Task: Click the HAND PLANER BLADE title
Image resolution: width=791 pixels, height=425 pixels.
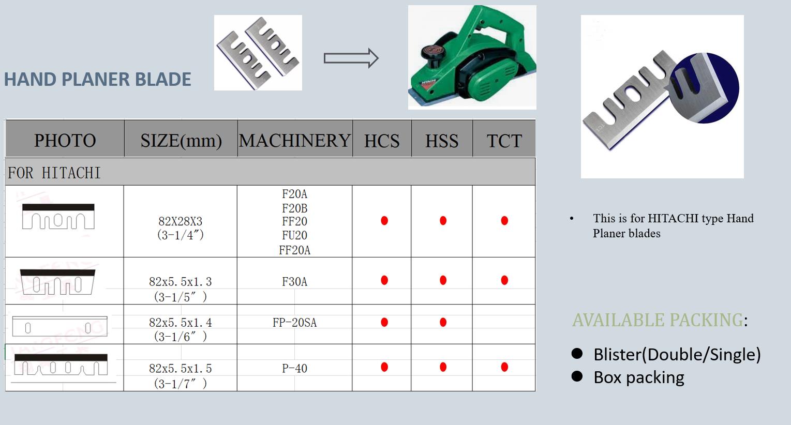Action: coord(97,79)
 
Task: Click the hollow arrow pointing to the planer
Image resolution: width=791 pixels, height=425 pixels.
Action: coord(351,58)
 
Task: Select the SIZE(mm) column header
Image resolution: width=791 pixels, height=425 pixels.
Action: coord(181,141)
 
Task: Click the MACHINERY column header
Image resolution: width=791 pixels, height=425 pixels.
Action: coord(294,140)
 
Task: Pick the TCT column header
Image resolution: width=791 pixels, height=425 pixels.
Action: coord(504,141)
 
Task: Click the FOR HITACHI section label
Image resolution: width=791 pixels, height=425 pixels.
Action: coord(54,173)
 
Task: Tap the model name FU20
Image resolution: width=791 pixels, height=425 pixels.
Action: coord(294,235)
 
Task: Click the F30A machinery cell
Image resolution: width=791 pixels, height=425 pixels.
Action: coord(294,282)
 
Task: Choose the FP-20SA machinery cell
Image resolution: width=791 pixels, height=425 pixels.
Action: coord(294,322)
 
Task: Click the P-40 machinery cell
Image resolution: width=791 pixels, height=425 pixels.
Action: coord(294,368)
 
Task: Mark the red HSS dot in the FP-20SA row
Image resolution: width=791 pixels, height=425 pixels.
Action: coord(443,322)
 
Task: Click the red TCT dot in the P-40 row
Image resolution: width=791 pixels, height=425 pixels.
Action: coord(504,367)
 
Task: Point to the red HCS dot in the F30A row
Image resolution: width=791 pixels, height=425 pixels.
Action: coord(384,280)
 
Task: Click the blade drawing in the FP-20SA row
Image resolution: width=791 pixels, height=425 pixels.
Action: coord(59,326)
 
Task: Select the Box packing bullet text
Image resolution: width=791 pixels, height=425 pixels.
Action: coord(639,377)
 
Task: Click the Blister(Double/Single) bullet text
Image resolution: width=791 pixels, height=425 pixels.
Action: coord(677,354)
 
